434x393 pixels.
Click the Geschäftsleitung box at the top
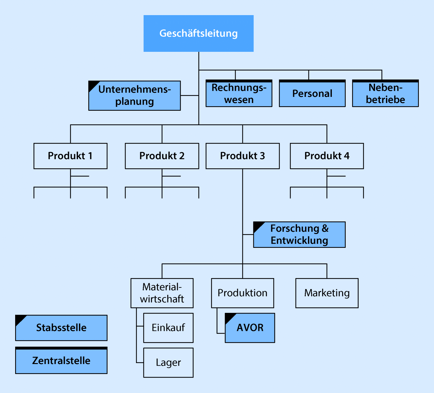[x=198, y=33]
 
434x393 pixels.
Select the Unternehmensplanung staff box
[x=134, y=96]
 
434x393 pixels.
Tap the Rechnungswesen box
[x=239, y=94]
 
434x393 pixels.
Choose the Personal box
[x=312, y=94]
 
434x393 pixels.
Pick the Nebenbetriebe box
[x=385, y=94]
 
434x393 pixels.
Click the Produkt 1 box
[x=70, y=156]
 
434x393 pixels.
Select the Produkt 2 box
[x=162, y=156]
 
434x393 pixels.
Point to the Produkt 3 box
[x=242, y=156]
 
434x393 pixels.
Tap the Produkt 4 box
[x=327, y=156]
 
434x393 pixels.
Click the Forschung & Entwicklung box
[x=299, y=235]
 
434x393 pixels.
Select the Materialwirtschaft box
[x=162, y=293]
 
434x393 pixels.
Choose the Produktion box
[x=242, y=293]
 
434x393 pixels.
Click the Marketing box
[x=327, y=293]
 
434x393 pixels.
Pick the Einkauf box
[x=168, y=328]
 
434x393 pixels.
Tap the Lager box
[x=168, y=362]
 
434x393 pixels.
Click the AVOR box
[x=250, y=328]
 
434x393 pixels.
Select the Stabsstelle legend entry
[x=61, y=328]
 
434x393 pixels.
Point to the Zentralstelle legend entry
[x=61, y=360]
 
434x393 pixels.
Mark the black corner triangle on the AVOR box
[x=229, y=317]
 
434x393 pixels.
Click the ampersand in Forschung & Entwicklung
[x=325, y=229]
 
